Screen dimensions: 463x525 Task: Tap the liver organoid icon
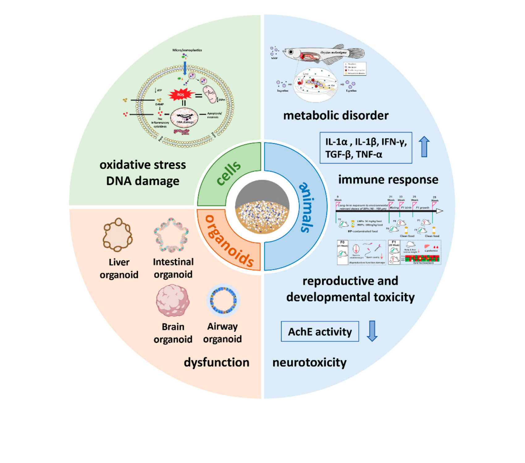118,235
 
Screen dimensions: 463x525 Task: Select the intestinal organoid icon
171,235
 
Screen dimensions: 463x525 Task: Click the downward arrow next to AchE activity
372,331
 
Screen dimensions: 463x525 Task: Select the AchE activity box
320,332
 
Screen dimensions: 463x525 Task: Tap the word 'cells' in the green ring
228,173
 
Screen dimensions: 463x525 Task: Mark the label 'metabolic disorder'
336,115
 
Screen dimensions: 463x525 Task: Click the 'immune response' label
388,179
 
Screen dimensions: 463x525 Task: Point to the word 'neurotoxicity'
309,362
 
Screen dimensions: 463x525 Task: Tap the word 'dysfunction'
216,362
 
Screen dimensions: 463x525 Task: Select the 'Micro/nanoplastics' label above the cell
187,50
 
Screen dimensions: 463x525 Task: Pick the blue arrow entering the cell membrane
185,68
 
